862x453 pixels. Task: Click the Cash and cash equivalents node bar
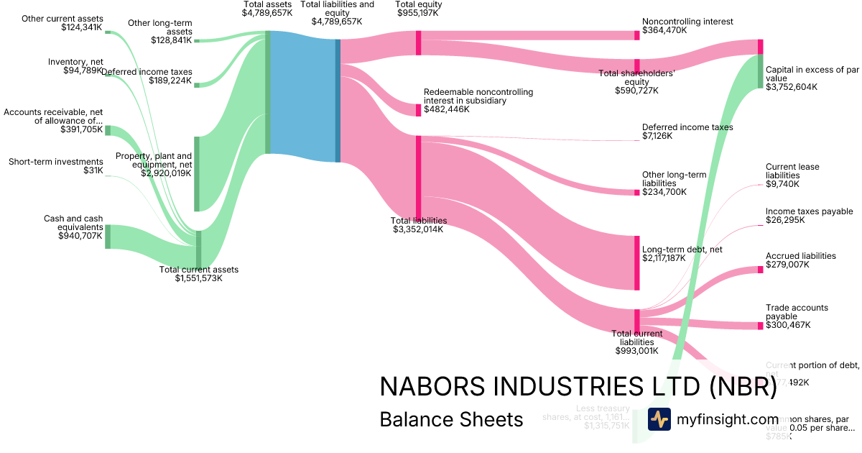108,237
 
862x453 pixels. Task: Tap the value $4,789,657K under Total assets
267,13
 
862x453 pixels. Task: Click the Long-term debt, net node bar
636,262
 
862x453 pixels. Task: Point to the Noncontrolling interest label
687,22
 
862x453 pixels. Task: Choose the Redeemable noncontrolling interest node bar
419,110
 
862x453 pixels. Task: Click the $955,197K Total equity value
419,13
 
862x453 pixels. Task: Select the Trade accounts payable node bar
760,326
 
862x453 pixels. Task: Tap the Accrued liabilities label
800,256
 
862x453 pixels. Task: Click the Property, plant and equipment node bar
197,173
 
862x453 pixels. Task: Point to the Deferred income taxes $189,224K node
197,85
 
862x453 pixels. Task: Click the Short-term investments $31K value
93,170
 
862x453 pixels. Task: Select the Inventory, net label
75,62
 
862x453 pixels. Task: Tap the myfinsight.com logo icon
659,419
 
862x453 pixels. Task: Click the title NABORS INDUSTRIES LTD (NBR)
578,387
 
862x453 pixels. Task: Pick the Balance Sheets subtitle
451,419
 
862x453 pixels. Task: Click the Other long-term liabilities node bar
636,192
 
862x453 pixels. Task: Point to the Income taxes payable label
809,211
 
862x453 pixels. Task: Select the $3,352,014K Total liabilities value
418,229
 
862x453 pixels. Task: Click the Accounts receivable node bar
108,130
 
